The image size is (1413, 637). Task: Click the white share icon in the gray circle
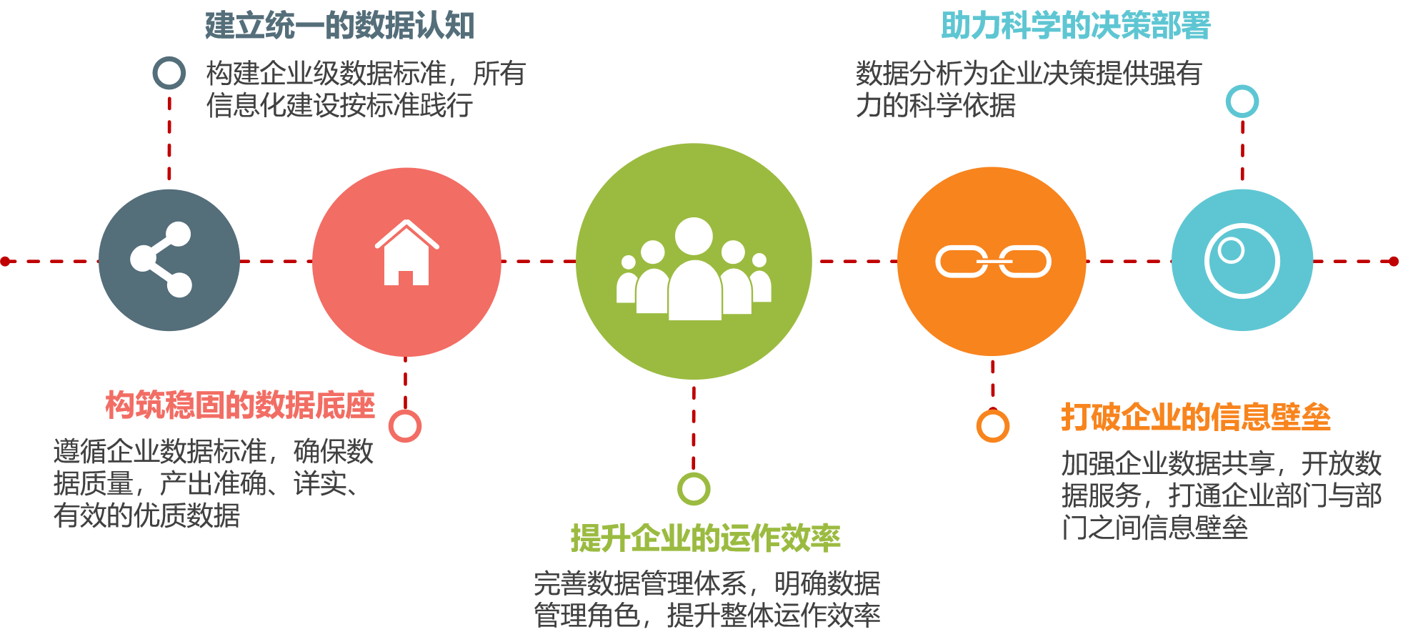click(161, 260)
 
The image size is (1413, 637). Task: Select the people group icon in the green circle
click(694, 270)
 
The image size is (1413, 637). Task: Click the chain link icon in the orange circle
click(993, 262)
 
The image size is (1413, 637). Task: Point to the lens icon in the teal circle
click(1242, 260)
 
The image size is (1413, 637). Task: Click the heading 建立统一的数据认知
click(340, 26)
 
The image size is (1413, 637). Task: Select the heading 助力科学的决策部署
click(1076, 26)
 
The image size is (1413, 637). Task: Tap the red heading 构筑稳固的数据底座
click(240, 405)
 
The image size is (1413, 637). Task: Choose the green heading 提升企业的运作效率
click(706, 538)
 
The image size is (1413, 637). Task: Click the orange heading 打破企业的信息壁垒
click(1196, 417)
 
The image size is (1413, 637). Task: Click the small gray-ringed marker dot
click(169, 73)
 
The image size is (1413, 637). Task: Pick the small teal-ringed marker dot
click(1242, 102)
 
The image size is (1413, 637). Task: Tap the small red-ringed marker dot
click(405, 426)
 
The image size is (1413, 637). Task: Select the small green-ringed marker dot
click(694, 489)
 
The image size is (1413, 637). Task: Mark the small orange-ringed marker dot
click(993, 426)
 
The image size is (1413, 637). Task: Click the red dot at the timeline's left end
click(5, 262)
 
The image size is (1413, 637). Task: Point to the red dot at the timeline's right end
click(1393, 262)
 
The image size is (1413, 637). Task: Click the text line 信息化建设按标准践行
click(340, 105)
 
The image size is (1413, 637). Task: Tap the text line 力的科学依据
click(936, 105)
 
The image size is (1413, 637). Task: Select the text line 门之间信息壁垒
click(1154, 528)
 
